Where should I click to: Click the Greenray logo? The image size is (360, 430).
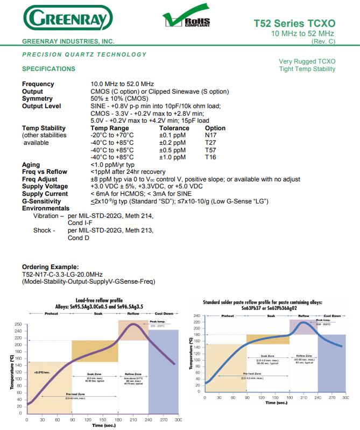67,19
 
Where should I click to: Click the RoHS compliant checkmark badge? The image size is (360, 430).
186,19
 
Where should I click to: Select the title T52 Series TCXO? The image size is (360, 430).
294,24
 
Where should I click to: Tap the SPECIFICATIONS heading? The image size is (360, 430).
48,69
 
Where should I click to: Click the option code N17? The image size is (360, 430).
211,136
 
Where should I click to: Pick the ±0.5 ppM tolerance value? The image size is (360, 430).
172,150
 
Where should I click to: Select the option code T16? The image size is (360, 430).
211,157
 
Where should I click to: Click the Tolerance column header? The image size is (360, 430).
174,128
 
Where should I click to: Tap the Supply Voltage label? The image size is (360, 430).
45,186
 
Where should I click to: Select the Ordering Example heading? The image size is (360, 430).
50,267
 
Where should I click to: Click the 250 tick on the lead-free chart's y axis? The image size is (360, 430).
18,325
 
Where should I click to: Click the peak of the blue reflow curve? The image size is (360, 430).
304,322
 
